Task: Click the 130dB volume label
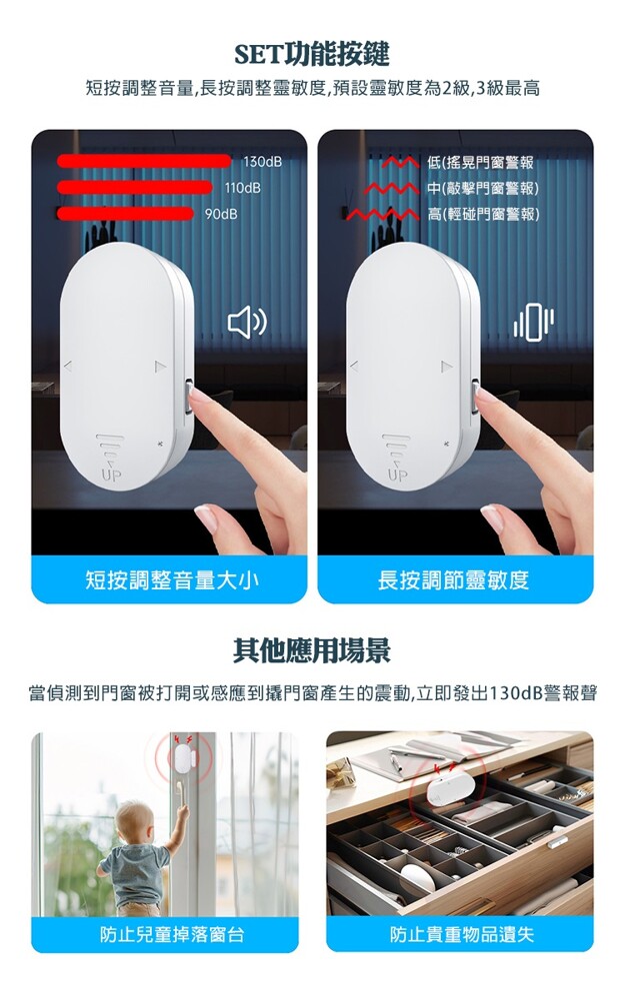click(261, 162)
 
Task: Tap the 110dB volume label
click(242, 188)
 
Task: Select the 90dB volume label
click(221, 214)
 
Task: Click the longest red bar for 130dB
click(144, 161)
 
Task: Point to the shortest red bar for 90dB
click(124, 213)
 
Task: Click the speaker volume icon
click(247, 323)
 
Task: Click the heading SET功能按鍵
click(312, 55)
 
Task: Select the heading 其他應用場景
click(312, 651)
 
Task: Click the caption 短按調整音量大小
click(172, 579)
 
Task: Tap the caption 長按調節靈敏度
click(453, 579)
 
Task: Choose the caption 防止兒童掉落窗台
click(172, 935)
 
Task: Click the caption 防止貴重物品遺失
click(462, 935)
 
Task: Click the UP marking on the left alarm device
click(111, 475)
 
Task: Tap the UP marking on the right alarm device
click(397, 475)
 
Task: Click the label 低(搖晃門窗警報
click(480, 163)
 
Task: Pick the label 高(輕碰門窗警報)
click(483, 214)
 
